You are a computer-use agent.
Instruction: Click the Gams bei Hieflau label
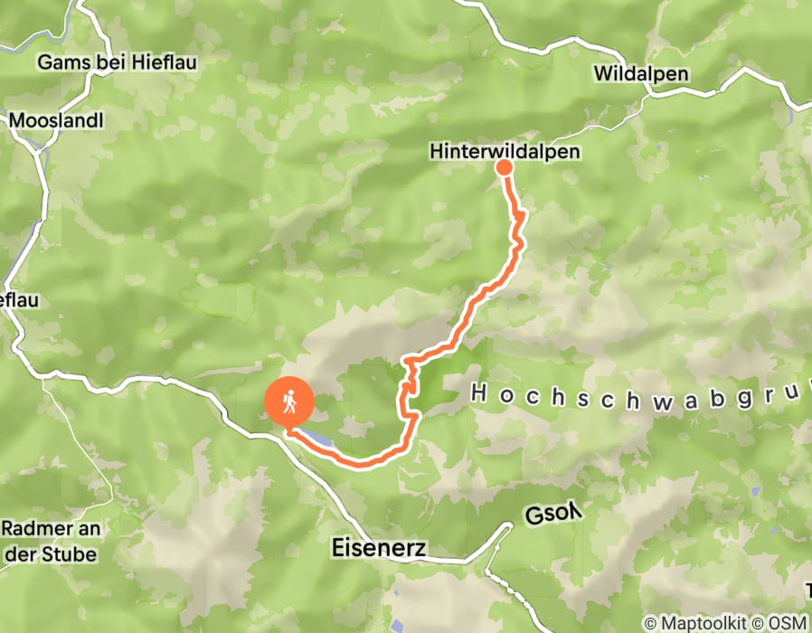click(117, 62)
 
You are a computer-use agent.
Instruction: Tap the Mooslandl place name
click(56, 120)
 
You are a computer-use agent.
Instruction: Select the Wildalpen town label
click(642, 74)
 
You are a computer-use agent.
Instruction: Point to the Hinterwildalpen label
click(505, 152)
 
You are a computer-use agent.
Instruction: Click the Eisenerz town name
click(379, 548)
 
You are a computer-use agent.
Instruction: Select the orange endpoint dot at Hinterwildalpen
click(504, 167)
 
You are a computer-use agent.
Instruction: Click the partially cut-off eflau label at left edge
click(19, 299)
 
